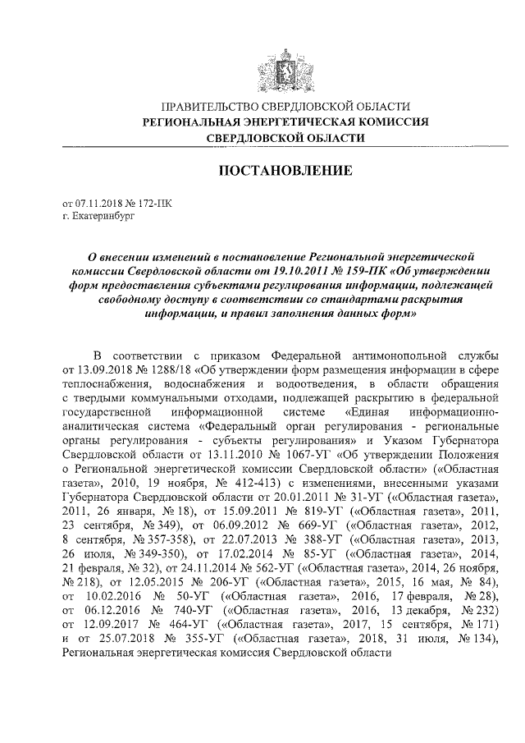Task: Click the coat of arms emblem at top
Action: pos(285,63)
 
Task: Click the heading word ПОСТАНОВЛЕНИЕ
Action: pos(285,170)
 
